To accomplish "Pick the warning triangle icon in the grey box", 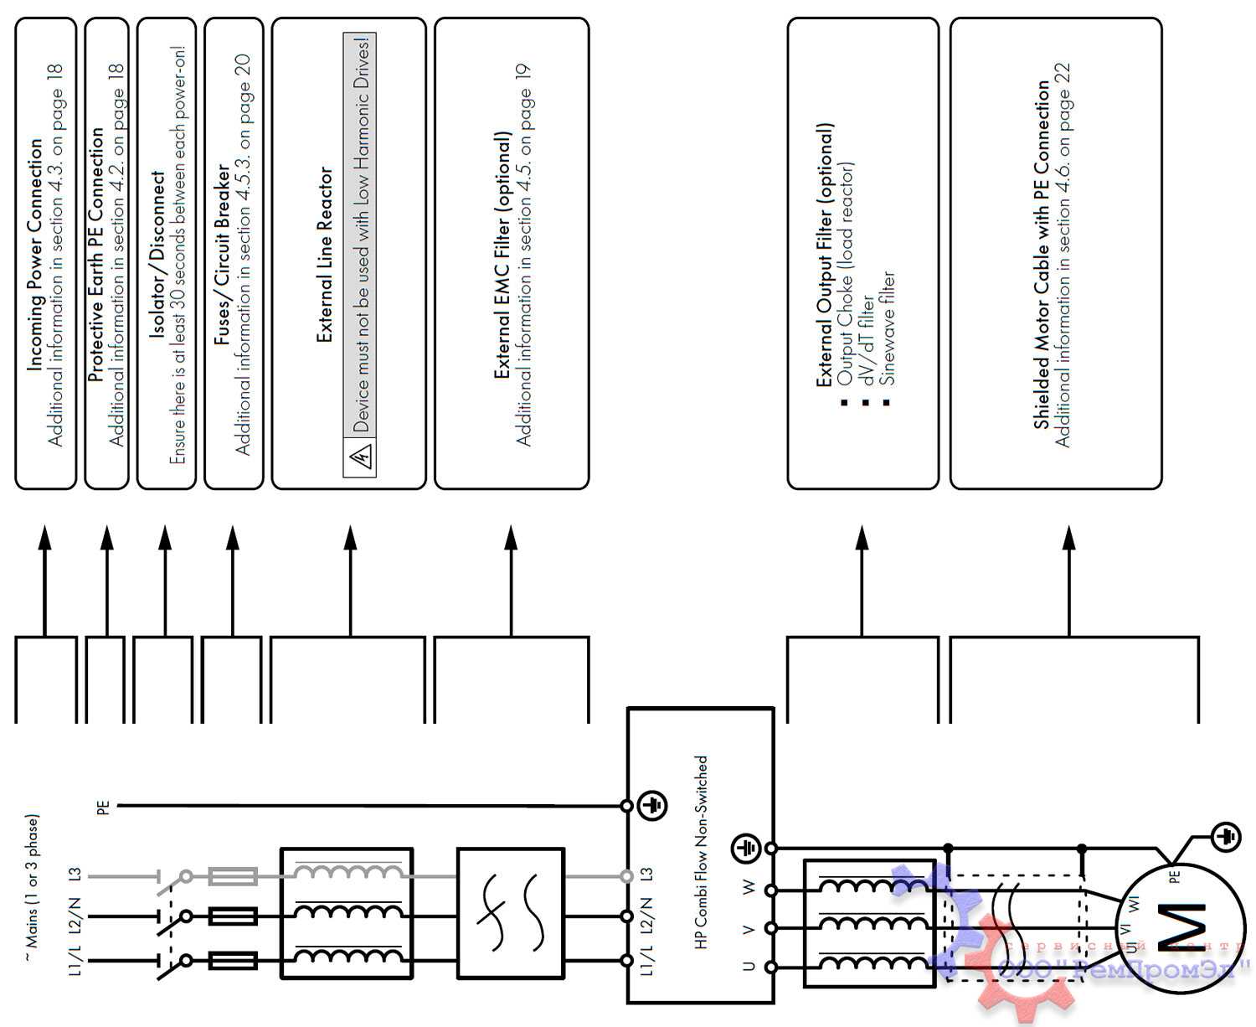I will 361,457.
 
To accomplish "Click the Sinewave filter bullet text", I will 888,327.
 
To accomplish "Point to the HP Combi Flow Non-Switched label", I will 702,851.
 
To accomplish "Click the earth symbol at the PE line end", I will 652,806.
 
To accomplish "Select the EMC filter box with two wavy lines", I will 510,913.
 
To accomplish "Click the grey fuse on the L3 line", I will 232,877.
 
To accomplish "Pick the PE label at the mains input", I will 103,808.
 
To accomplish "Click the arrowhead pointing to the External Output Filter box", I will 862,538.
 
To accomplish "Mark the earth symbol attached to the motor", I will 1227,837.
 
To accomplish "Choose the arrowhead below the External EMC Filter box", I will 511,538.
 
